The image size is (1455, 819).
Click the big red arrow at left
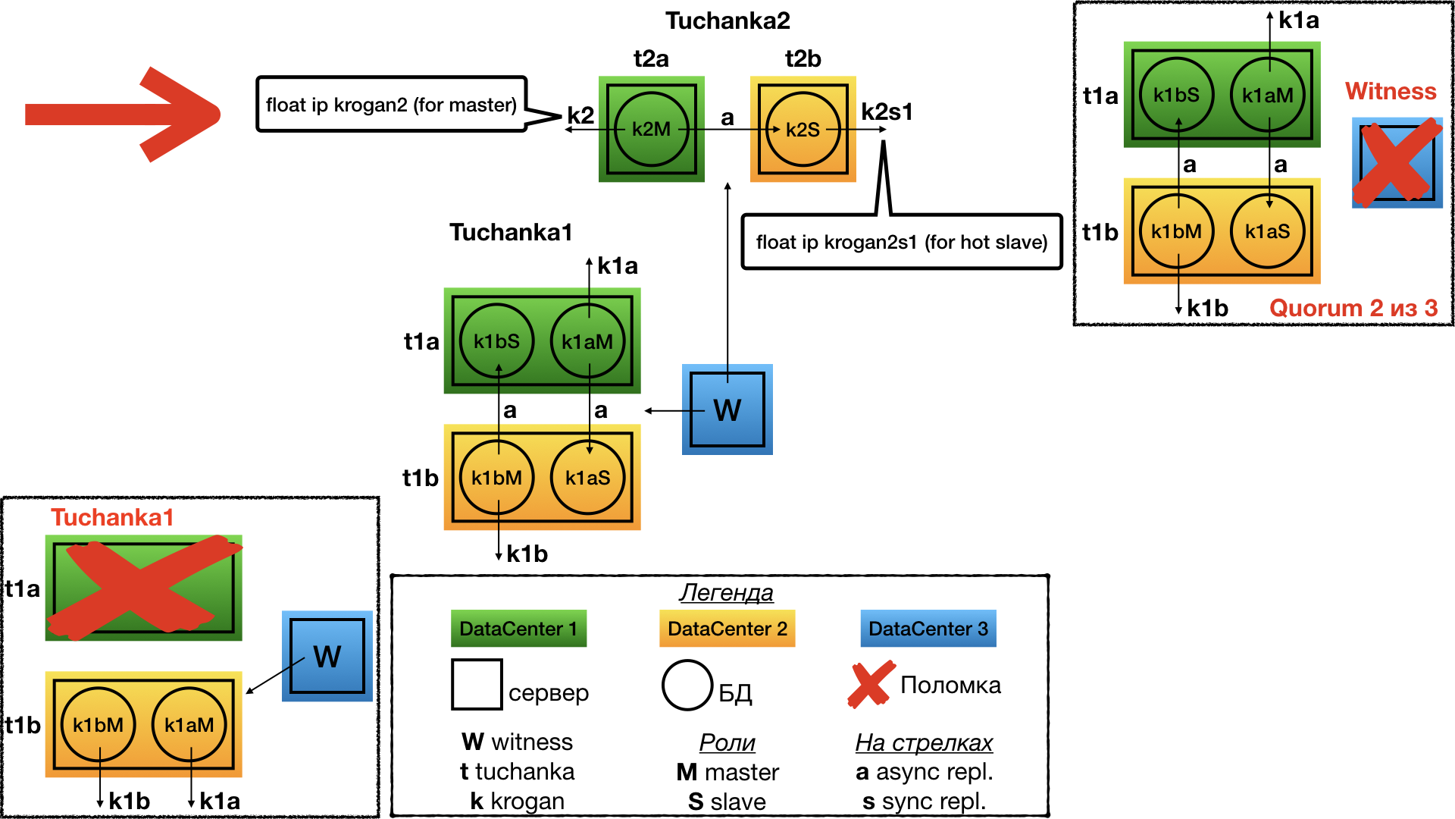pos(121,115)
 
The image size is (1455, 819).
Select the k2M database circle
pos(651,130)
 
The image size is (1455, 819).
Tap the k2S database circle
pos(803,130)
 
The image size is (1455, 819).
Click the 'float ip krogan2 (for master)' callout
pos(391,105)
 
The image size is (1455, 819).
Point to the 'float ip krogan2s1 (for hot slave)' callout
pos(901,242)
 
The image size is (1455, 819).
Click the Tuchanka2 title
pos(727,20)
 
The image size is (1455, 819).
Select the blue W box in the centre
pos(727,409)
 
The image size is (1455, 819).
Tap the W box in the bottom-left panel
pos(327,656)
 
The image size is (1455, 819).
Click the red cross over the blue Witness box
pos(1397,162)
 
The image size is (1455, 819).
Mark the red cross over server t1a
pos(144,588)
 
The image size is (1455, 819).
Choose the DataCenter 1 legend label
pos(518,629)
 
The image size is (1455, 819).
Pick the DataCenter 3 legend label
pos(928,629)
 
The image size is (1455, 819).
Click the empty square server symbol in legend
pos(477,684)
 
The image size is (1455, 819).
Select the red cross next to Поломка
pos(870,684)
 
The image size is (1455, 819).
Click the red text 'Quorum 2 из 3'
pos(1353,308)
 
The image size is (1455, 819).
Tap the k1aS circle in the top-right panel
pos(1267,231)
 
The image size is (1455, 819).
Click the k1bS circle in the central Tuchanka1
pos(496,341)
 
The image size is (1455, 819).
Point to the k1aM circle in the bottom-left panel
pos(189,725)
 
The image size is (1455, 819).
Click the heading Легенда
pos(726,592)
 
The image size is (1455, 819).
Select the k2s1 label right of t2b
pos(887,112)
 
